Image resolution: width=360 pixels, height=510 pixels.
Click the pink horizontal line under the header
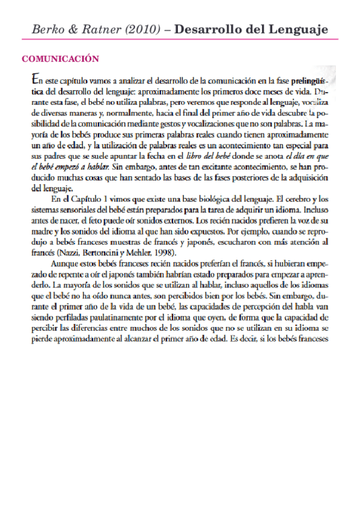click(180, 40)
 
